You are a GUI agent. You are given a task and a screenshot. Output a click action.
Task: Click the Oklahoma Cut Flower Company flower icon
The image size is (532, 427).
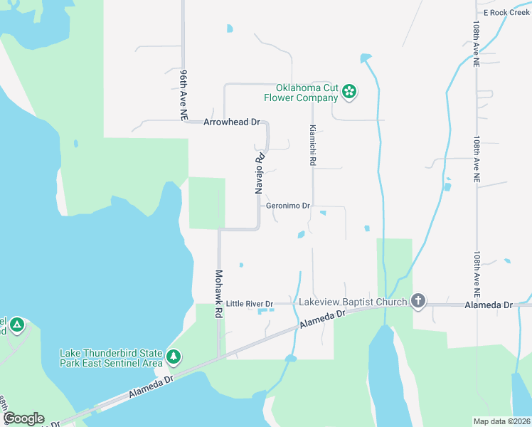(x=349, y=90)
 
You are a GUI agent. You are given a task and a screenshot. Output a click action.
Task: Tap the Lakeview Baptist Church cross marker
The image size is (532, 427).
(x=418, y=301)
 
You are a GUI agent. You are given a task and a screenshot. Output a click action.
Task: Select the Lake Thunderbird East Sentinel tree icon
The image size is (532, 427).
(x=173, y=355)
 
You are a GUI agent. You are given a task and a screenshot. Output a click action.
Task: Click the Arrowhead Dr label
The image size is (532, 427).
(x=232, y=122)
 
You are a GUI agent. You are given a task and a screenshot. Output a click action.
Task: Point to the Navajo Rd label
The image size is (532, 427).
(x=260, y=174)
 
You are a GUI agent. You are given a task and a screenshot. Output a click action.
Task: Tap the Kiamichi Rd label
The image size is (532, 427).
(x=312, y=146)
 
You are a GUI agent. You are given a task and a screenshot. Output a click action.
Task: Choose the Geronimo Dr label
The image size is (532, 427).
(x=288, y=206)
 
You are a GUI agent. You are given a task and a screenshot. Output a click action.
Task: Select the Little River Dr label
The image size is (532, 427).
(x=250, y=304)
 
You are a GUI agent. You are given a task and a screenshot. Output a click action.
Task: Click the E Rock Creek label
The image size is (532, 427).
(x=506, y=13)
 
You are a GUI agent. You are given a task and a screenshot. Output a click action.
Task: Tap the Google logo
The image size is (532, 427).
(x=23, y=418)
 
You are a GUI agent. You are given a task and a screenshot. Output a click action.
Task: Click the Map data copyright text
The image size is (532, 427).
(x=501, y=421)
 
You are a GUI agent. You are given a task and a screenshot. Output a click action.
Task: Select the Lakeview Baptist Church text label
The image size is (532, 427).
(x=353, y=301)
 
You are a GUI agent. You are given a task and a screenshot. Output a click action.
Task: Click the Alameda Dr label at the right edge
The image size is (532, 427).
(x=488, y=305)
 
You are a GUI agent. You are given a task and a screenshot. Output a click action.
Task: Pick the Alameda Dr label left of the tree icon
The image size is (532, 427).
(x=151, y=388)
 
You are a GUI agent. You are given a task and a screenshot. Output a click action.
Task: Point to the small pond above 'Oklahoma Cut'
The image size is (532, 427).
(x=229, y=28)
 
